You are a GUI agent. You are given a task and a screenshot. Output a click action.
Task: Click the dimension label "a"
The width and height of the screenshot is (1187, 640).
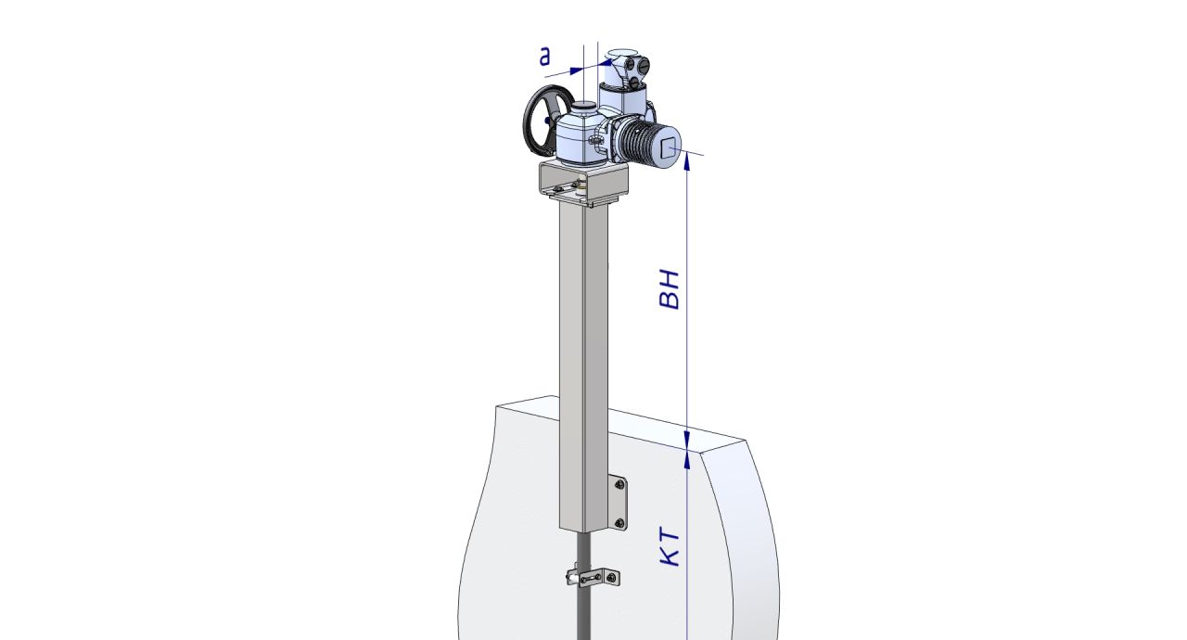pos(544,57)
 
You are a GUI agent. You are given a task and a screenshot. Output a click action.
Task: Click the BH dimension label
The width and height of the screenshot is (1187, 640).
pos(669,289)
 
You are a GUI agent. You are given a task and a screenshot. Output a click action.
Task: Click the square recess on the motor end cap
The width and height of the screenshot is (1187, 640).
pos(670,147)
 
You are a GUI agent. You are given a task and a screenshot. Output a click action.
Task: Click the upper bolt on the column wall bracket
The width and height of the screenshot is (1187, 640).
pos(619,483)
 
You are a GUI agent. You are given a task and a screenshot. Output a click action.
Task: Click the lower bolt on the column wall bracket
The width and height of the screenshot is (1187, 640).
pos(619,523)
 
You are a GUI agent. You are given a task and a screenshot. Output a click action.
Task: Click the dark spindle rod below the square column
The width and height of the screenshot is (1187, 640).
pos(583,588)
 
